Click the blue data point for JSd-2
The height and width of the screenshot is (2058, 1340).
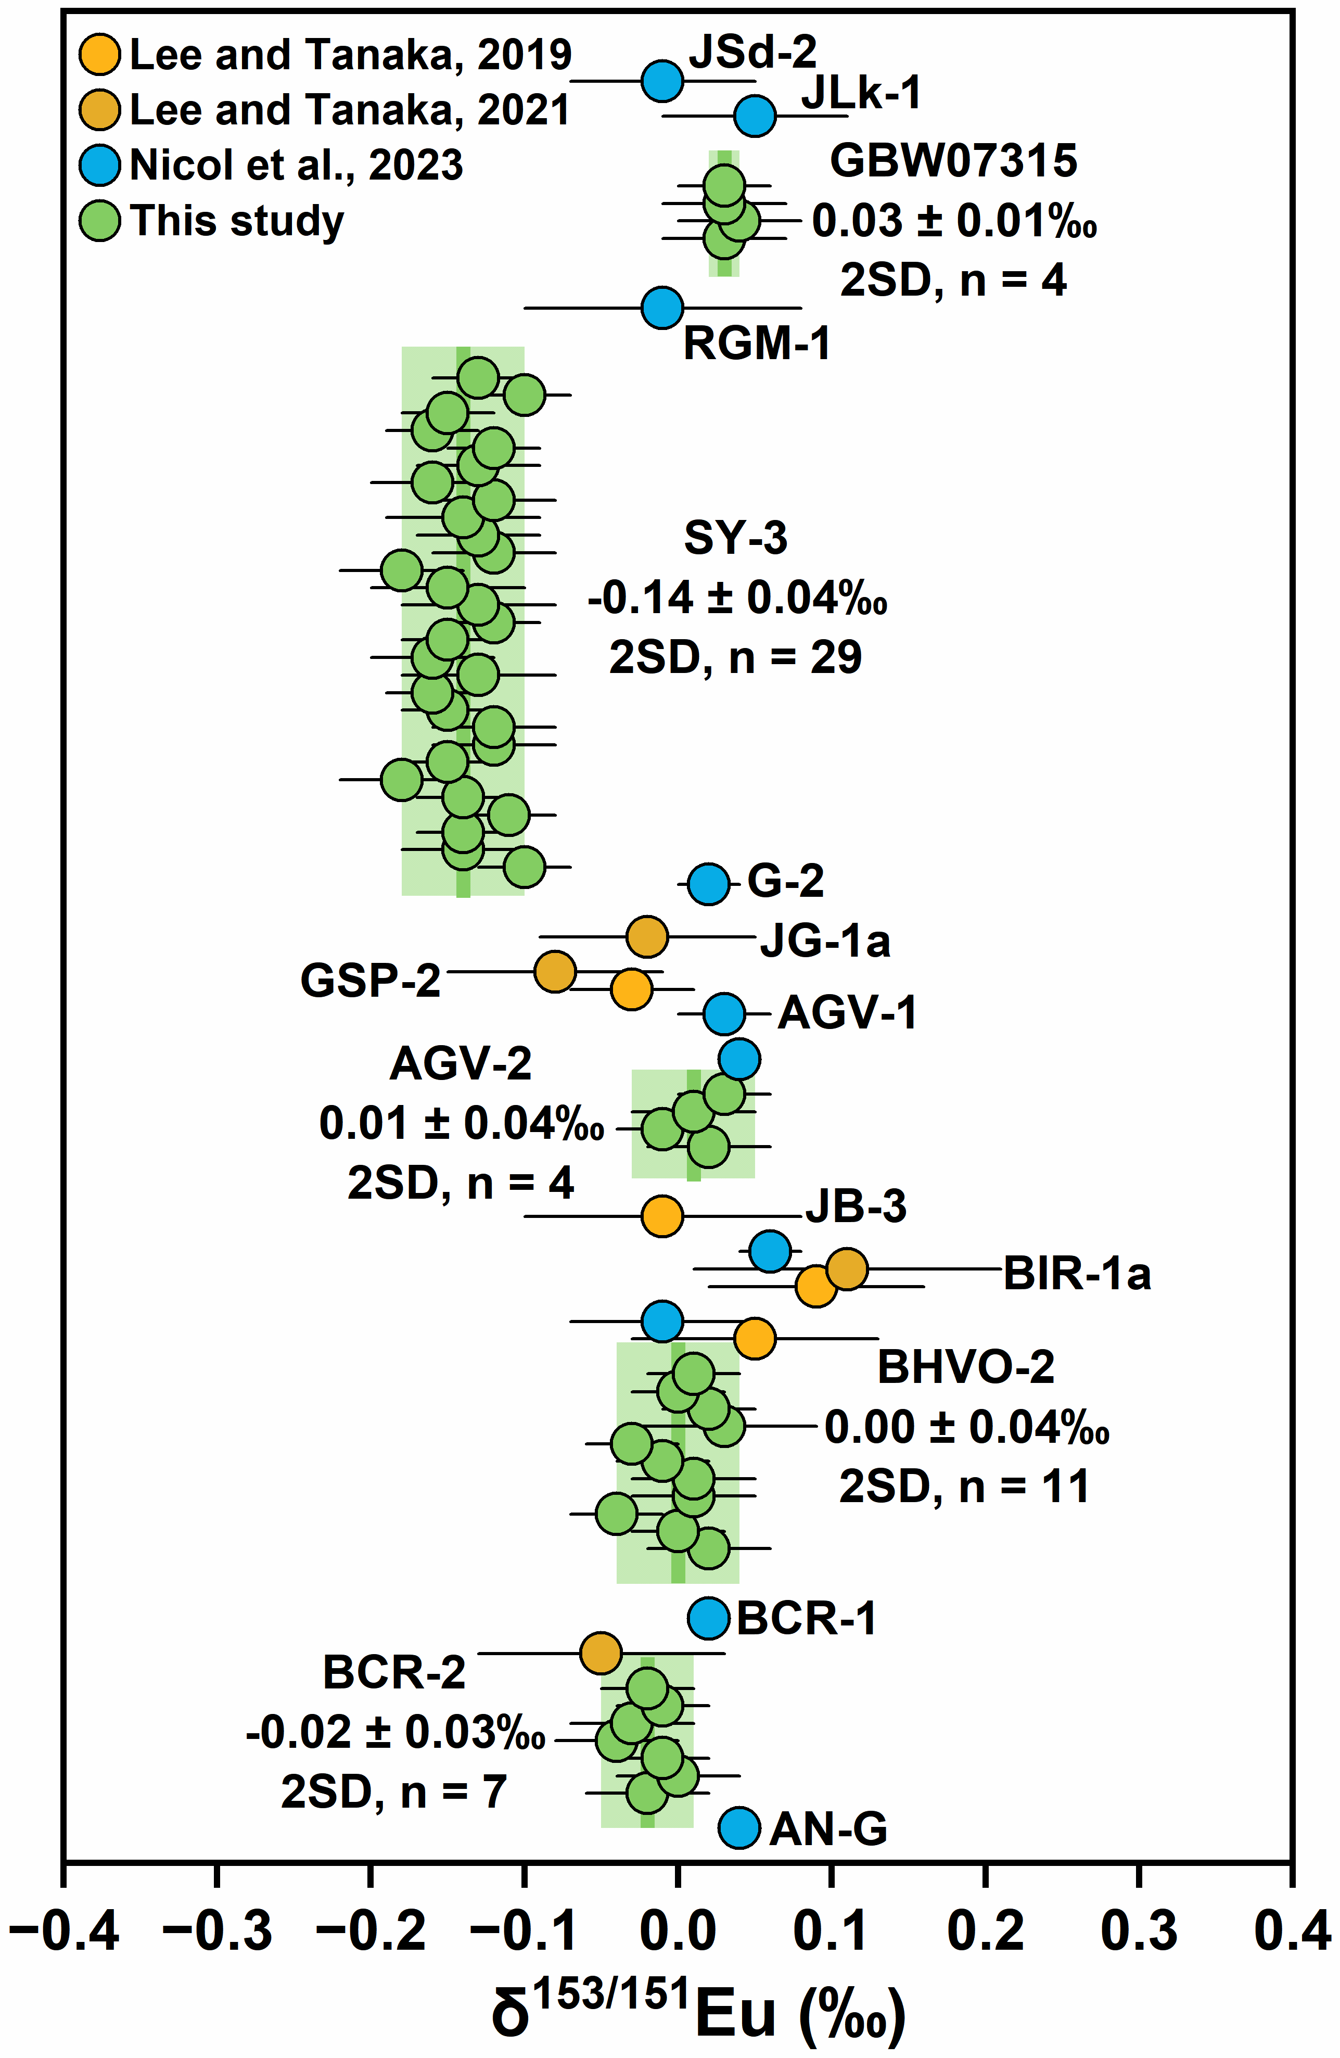click(x=662, y=81)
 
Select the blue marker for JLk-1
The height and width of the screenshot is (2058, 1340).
click(x=755, y=116)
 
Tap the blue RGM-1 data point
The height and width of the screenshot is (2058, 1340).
click(x=662, y=307)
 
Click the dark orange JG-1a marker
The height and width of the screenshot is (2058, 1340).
click(x=647, y=936)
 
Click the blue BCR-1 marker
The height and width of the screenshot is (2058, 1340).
click(x=709, y=1618)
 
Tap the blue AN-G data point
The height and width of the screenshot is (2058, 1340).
click(x=739, y=1827)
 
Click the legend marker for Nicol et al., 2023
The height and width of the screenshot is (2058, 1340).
click(x=99, y=165)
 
